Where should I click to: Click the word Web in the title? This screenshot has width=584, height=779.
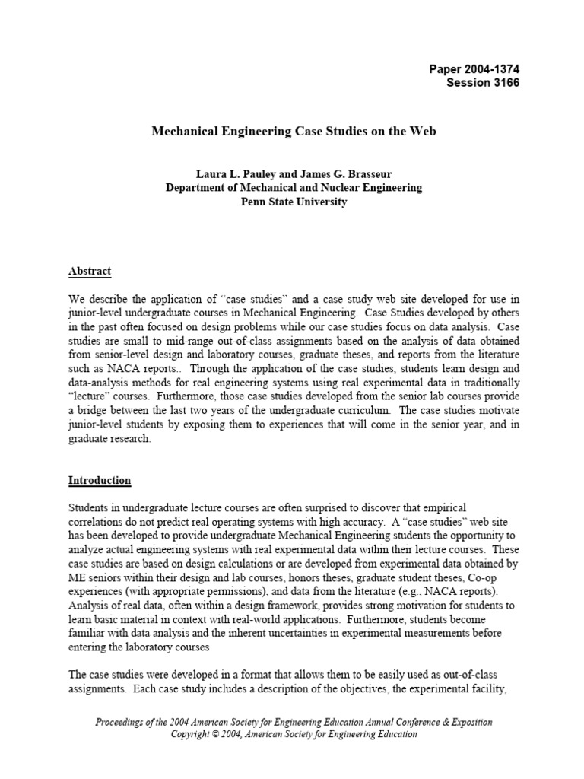[x=424, y=132]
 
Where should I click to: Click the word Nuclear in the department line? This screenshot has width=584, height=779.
[x=329, y=188]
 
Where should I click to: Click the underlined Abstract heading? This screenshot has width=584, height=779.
[x=90, y=271]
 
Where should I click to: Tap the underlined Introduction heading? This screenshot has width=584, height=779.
[x=100, y=481]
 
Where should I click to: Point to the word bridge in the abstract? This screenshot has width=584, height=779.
[x=90, y=412]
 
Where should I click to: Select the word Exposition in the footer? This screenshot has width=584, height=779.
[x=466, y=722]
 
